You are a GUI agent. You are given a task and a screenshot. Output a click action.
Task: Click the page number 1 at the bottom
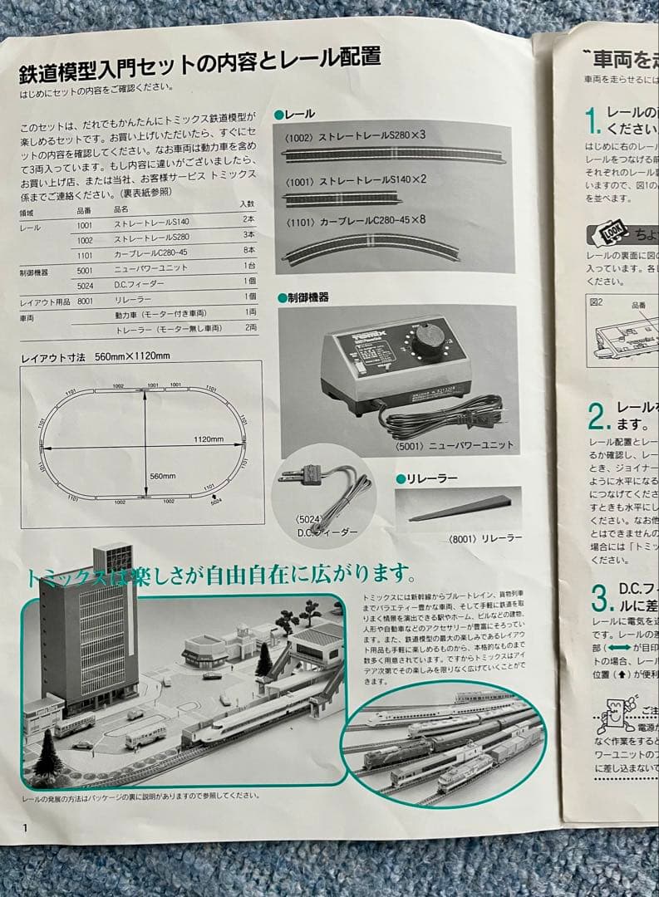[26, 826]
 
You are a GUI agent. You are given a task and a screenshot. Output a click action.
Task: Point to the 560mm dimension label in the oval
[163, 476]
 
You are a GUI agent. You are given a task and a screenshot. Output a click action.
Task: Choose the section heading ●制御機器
[304, 297]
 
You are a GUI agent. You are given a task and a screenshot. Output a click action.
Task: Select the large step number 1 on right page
[592, 122]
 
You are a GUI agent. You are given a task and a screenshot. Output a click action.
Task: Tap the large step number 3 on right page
[598, 598]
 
